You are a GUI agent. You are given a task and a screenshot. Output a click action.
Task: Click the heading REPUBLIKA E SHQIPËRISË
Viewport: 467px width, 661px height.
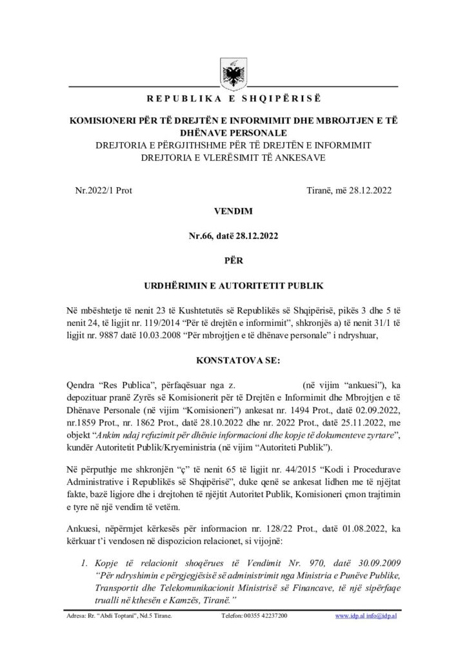(x=234, y=99)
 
